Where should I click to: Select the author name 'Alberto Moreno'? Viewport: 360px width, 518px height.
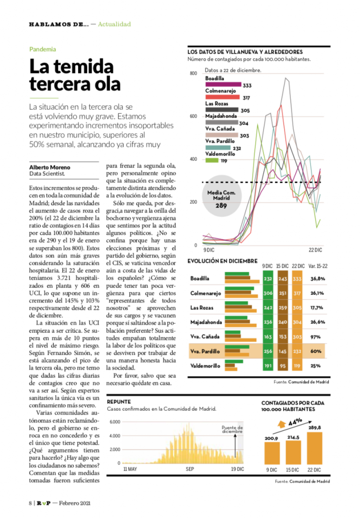(x=50, y=167)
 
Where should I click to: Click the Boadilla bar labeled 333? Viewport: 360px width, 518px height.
(x=223, y=85)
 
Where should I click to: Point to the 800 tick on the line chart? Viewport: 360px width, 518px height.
(x=193, y=74)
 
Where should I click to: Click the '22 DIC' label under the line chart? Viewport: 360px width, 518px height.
(x=315, y=250)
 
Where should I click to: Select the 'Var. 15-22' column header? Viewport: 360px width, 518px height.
(x=317, y=266)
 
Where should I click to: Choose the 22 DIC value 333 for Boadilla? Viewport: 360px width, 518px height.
(x=297, y=279)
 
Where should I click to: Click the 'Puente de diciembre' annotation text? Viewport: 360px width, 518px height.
(x=232, y=429)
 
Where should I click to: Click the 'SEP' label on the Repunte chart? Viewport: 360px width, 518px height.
(x=190, y=469)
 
